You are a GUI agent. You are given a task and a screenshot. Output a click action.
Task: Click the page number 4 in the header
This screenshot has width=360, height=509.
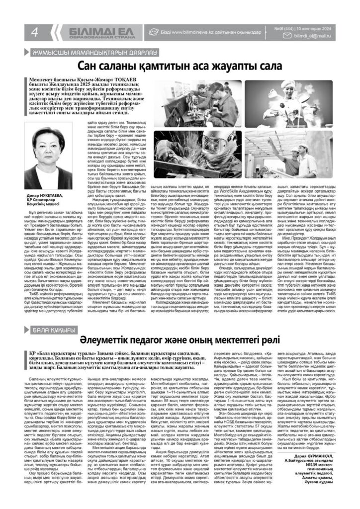click(x=35, y=32)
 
